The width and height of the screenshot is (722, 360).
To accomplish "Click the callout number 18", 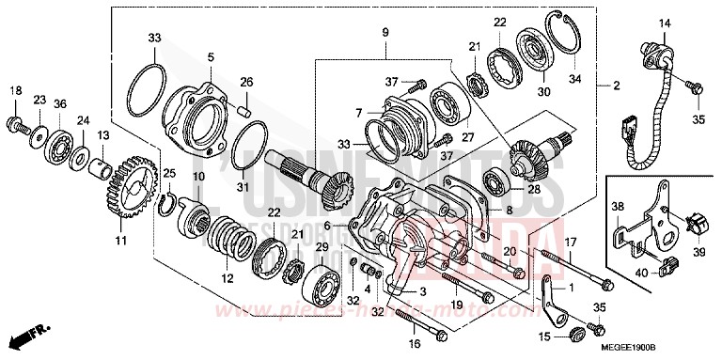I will click(14, 90).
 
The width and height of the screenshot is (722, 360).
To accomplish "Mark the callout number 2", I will click(616, 86).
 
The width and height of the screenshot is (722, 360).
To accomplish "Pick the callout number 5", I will click(210, 56).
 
